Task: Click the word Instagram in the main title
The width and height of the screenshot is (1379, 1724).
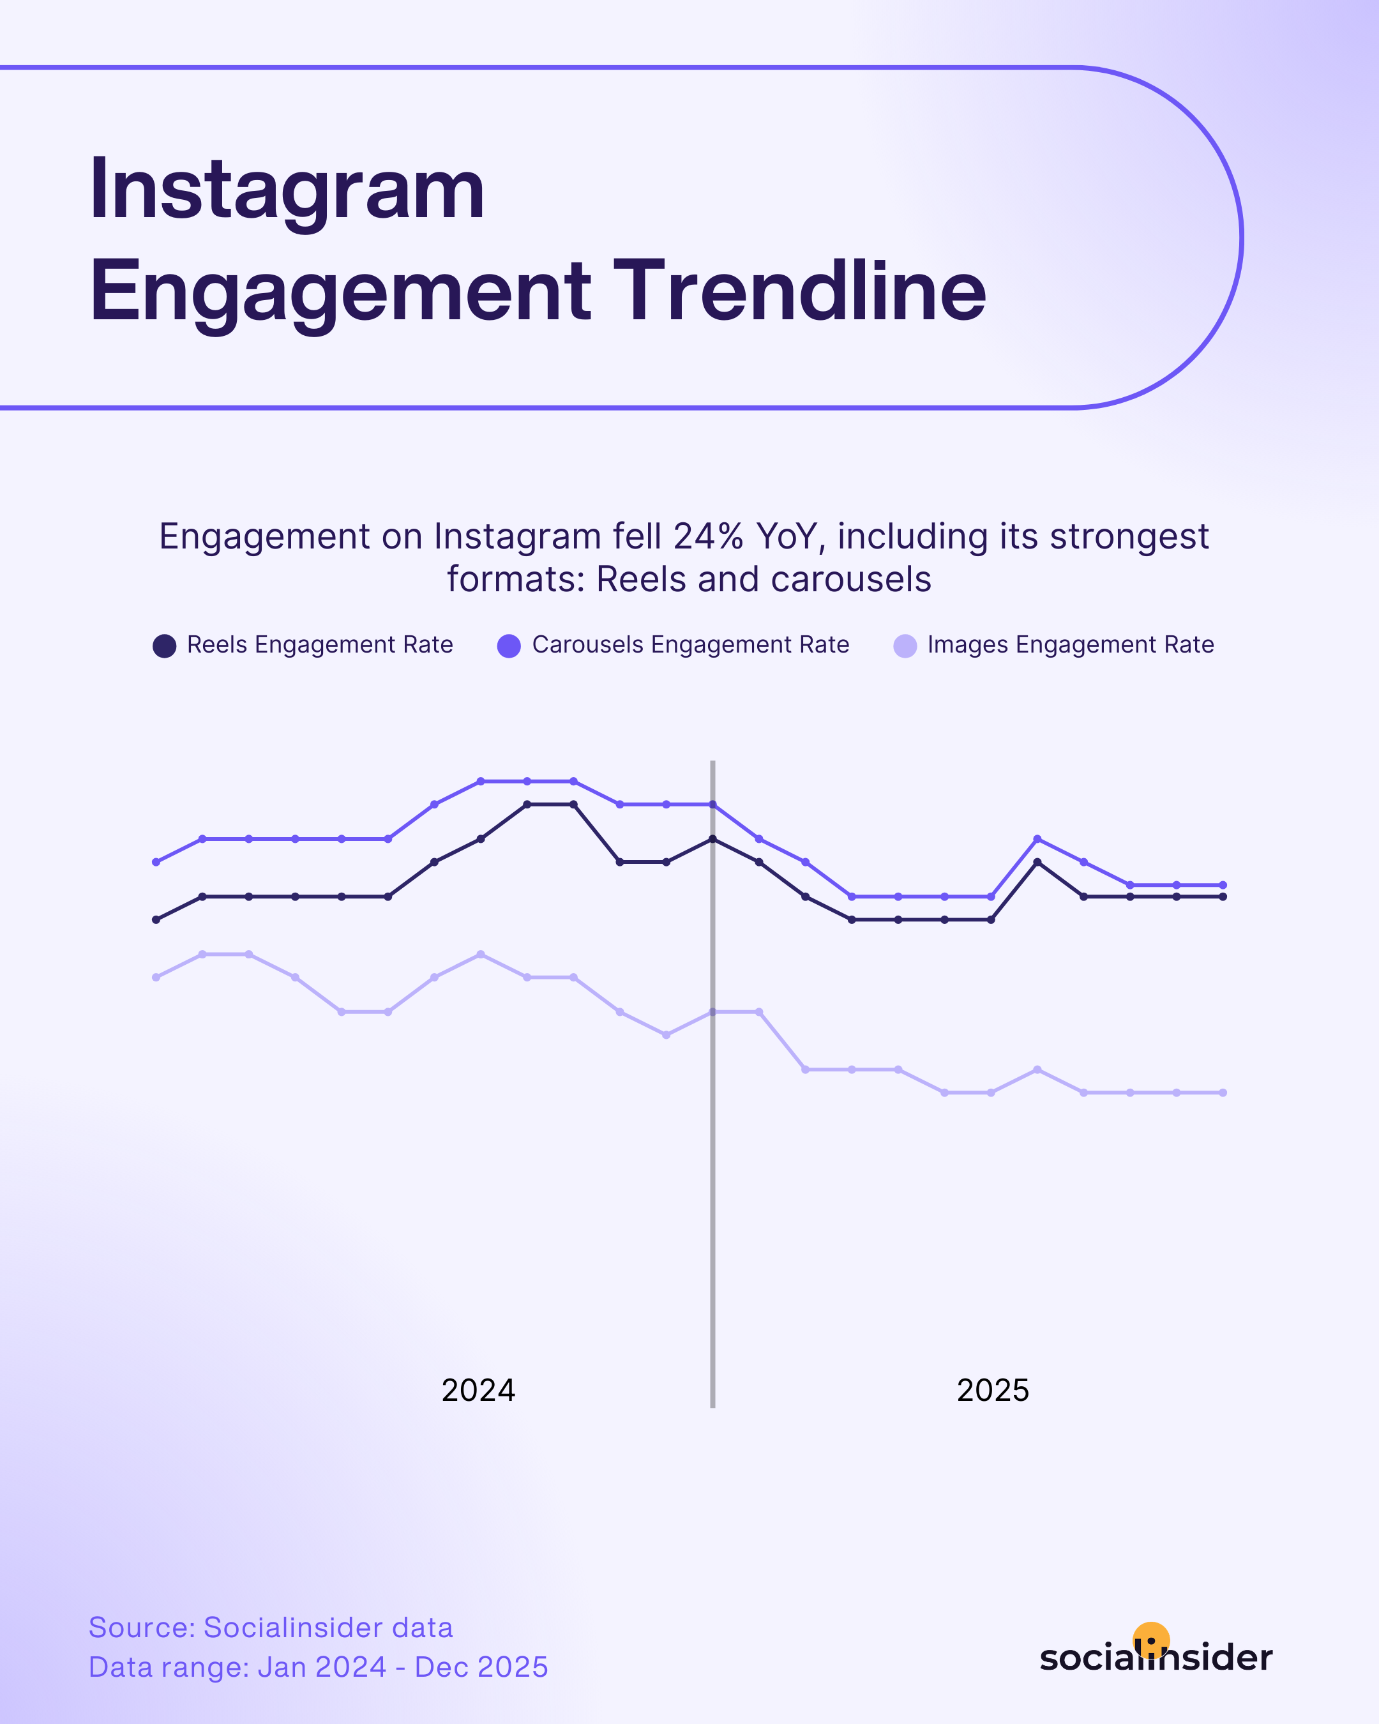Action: (286, 190)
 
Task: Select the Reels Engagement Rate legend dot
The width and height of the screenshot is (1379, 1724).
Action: (165, 646)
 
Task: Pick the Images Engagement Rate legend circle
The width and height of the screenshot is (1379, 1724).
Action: (905, 646)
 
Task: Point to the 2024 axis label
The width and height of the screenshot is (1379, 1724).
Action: (478, 1390)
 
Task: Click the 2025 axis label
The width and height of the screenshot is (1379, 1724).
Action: (993, 1390)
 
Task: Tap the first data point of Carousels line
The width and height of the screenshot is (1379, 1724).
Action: (156, 862)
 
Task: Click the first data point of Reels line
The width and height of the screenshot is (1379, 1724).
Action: (156, 919)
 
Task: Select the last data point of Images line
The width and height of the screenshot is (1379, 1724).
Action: (1223, 1093)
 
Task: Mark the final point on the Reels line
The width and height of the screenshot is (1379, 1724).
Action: (1223, 896)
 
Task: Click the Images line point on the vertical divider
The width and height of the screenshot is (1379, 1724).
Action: (712, 1011)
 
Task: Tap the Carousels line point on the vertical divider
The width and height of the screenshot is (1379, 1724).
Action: (712, 805)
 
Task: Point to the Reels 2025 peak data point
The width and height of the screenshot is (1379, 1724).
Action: (1037, 862)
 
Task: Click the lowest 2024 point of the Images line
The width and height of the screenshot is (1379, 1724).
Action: (666, 1035)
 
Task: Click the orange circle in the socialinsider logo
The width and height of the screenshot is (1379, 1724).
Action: (1151, 1639)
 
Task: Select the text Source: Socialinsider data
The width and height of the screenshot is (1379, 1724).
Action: (270, 1627)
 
